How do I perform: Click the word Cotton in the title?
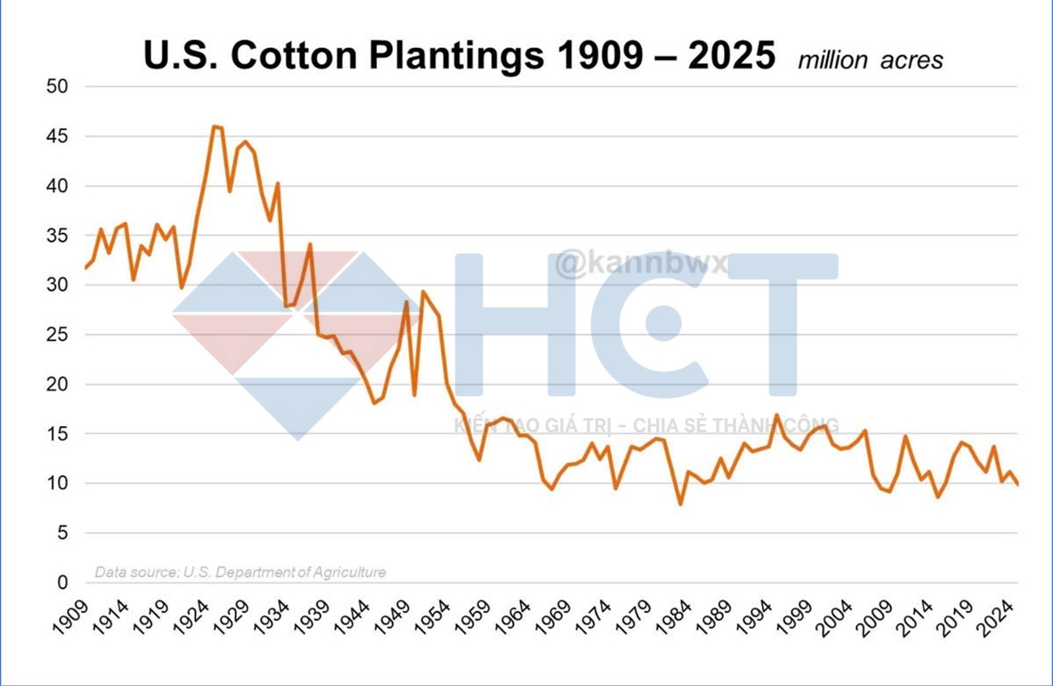294,55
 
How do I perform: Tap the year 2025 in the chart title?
731,55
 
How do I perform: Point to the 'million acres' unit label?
870,60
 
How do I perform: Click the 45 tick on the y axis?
57,136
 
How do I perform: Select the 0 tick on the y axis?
63,582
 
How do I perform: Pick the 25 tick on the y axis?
57,334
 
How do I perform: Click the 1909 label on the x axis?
71,617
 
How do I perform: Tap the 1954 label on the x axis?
433,617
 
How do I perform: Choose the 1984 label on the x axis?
675,617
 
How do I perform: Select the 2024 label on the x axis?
995,617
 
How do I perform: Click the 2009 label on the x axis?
875,617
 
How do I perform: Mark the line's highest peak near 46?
215,126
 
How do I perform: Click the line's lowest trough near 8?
680,504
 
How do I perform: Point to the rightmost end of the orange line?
1017,485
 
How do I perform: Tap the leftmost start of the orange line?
86,268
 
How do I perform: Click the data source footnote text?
240,572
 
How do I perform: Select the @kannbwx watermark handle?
642,263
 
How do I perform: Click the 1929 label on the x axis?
232,617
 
